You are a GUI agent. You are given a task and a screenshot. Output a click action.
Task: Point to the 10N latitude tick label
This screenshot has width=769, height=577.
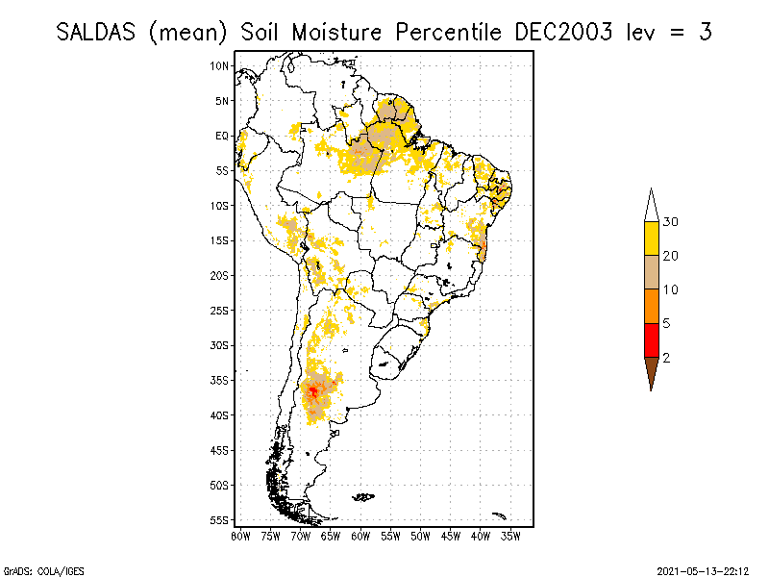tap(220, 65)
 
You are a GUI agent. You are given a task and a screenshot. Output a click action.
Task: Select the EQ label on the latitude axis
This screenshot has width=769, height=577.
tap(222, 136)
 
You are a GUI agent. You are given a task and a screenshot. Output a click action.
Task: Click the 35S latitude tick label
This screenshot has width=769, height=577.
tap(220, 380)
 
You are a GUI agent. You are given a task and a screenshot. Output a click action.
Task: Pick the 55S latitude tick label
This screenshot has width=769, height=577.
tap(220, 519)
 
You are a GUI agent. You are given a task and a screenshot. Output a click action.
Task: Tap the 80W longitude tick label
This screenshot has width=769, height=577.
tap(240, 537)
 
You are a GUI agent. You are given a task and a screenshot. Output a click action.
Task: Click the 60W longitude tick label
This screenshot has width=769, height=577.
tap(360, 537)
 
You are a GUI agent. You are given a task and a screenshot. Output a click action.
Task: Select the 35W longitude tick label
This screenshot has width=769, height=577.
tap(510, 537)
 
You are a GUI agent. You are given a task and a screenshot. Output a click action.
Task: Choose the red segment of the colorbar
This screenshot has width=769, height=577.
tap(652, 339)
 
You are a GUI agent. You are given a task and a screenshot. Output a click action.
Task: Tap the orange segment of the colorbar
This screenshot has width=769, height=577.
tap(652, 306)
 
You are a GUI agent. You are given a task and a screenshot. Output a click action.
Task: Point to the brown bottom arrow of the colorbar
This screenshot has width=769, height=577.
tap(652, 370)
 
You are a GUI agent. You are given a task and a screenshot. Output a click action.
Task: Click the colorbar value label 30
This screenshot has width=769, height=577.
tap(671, 222)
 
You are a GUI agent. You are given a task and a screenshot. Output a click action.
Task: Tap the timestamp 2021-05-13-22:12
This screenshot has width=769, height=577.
tap(703, 569)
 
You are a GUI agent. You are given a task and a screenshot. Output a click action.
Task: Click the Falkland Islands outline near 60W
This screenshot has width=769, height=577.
tap(362, 496)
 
